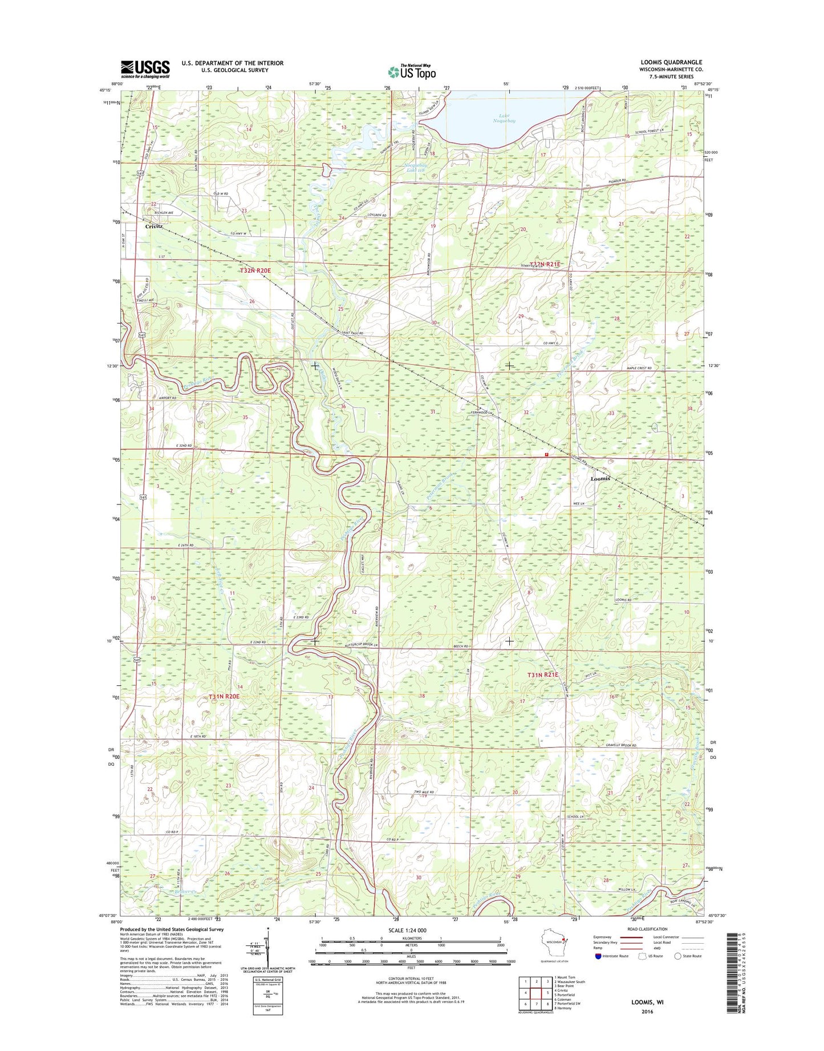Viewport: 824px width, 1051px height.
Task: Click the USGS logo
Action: pyautogui.click(x=145, y=69)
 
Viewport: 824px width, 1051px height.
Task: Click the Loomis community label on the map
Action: pyautogui.click(x=600, y=478)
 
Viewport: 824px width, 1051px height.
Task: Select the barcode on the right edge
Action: pyautogui.click(x=732, y=980)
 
